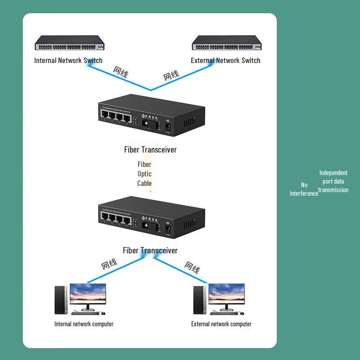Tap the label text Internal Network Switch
(x=68, y=60)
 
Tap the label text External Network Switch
(x=225, y=60)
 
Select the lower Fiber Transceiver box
(x=151, y=218)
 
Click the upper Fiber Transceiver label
(x=150, y=149)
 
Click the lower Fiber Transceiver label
(x=150, y=250)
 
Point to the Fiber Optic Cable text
(x=144, y=174)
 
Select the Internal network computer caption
(x=84, y=324)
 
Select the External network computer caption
(x=221, y=324)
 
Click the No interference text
(x=304, y=189)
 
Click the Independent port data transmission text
(x=333, y=181)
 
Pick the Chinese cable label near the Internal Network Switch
(x=120, y=72)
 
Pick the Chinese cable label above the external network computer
(x=192, y=267)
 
